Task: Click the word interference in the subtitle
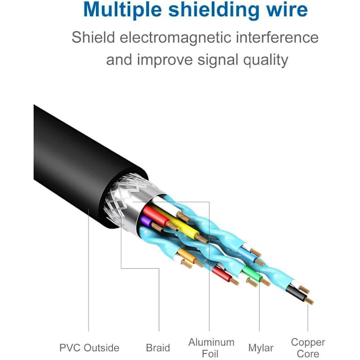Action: (x=278, y=37)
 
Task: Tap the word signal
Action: (x=232, y=60)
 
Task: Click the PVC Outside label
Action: (x=89, y=348)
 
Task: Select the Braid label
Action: (x=158, y=348)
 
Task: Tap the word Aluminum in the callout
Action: (x=211, y=343)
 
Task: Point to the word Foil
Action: (x=211, y=354)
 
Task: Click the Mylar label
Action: (x=261, y=348)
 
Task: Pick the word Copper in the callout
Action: (x=308, y=343)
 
